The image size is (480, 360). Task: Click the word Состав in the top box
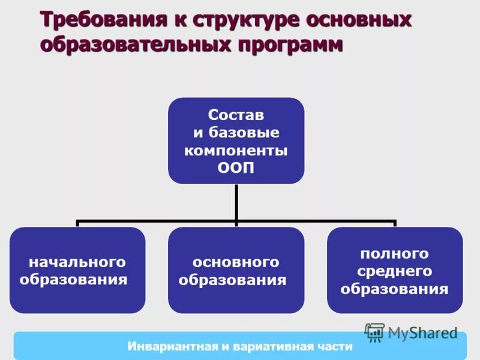click(236, 114)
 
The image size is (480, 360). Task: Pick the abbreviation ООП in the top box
click(236, 169)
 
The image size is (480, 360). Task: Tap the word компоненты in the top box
click(236, 151)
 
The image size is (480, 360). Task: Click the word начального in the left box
click(77, 262)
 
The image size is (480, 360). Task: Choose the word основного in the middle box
click(236, 262)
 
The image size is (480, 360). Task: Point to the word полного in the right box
click(394, 253)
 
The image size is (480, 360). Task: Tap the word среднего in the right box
click(394, 271)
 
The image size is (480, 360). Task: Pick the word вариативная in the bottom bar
click(272, 347)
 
